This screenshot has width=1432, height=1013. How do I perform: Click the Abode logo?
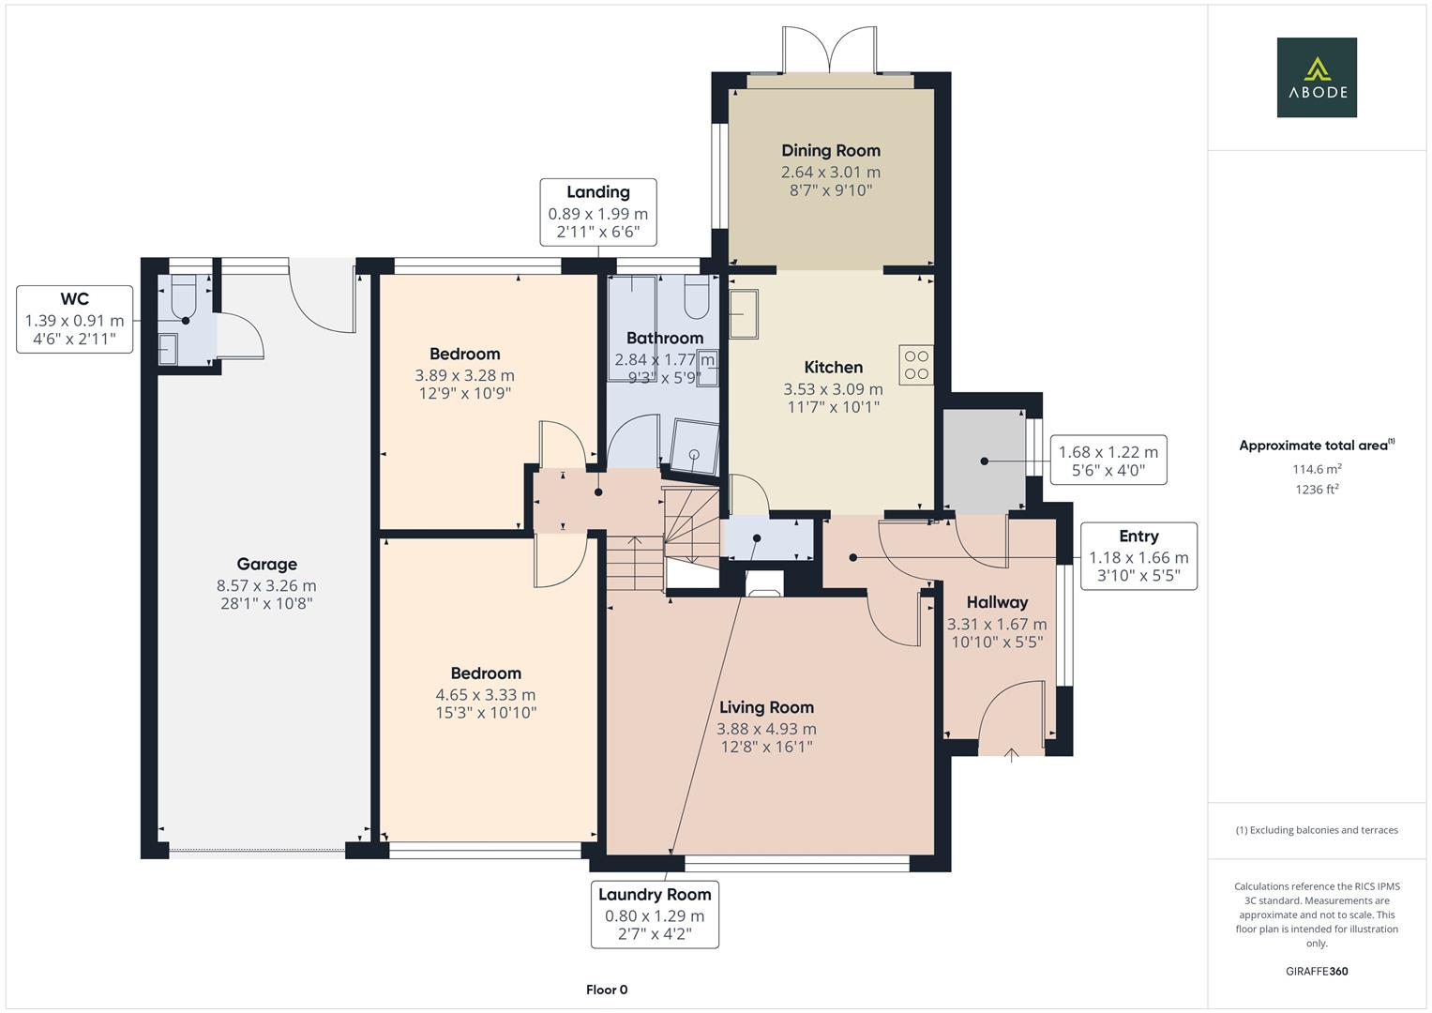tap(1316, 77)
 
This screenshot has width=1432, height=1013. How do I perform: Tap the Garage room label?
tap(266, 564)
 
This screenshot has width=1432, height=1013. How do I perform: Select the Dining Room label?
tap(831, 150)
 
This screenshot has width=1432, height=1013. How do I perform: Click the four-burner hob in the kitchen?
tap(916, 365)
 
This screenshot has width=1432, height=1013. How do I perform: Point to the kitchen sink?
tap(745, 313)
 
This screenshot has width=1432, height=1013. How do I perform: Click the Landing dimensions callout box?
tap(597, 213)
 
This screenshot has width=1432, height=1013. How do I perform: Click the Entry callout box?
tap(1138, 555)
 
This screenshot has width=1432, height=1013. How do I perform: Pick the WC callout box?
tap(74, 319)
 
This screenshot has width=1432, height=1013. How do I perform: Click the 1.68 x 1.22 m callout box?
tap(1108, 461)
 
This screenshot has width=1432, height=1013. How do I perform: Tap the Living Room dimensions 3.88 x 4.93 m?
tap(766, 729)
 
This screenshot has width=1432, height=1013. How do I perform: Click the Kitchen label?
tap(833, 367)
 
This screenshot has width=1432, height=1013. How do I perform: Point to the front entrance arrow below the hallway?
tap(1011, 754)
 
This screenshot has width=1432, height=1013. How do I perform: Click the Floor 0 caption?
tap(607, 990)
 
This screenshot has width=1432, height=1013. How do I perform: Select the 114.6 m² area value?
tap(1316, 469)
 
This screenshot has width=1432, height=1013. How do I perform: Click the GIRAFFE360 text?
tap(1316, 971)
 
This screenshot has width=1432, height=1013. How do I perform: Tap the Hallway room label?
tap(997, 602)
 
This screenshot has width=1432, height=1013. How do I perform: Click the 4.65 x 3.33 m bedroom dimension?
tap(485, 695)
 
